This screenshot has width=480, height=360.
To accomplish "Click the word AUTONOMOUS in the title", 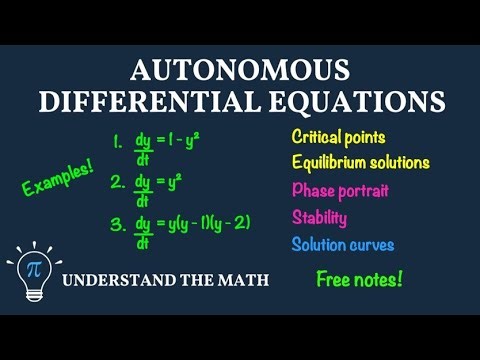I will click(241, 71).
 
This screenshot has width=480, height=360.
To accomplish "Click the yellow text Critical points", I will click(339, 136).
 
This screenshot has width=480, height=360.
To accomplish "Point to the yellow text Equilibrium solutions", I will click(361, 162).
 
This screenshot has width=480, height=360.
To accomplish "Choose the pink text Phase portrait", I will click(340, 190).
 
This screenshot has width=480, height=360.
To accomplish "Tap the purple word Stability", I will click(320, 217).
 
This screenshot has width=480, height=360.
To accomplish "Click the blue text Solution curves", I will click(343, 244).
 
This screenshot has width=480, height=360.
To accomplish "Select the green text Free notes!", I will click(359, 279).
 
